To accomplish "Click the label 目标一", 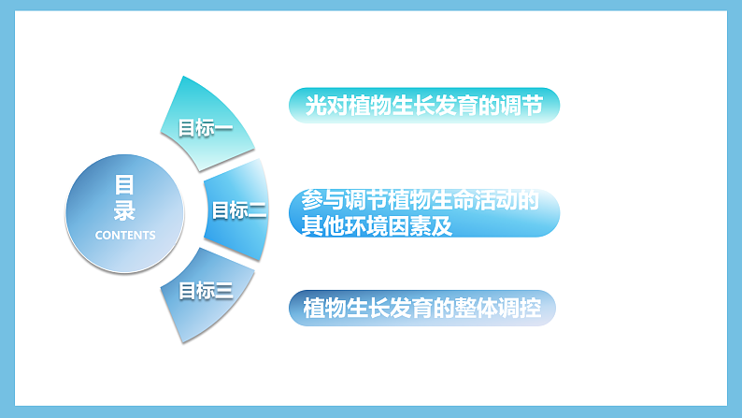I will tap(205, 127).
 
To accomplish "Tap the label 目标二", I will tap(238, 210).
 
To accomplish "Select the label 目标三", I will tap(205, 290).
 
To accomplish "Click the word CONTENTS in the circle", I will tap(125, 235).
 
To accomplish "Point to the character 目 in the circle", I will tap(125, 184).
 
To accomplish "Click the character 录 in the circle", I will tap(125, 209).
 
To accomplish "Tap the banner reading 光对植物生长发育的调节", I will tap(425, 106).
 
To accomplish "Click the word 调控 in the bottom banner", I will tap(520, 308).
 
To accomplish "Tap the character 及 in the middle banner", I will tap(443, 227).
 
